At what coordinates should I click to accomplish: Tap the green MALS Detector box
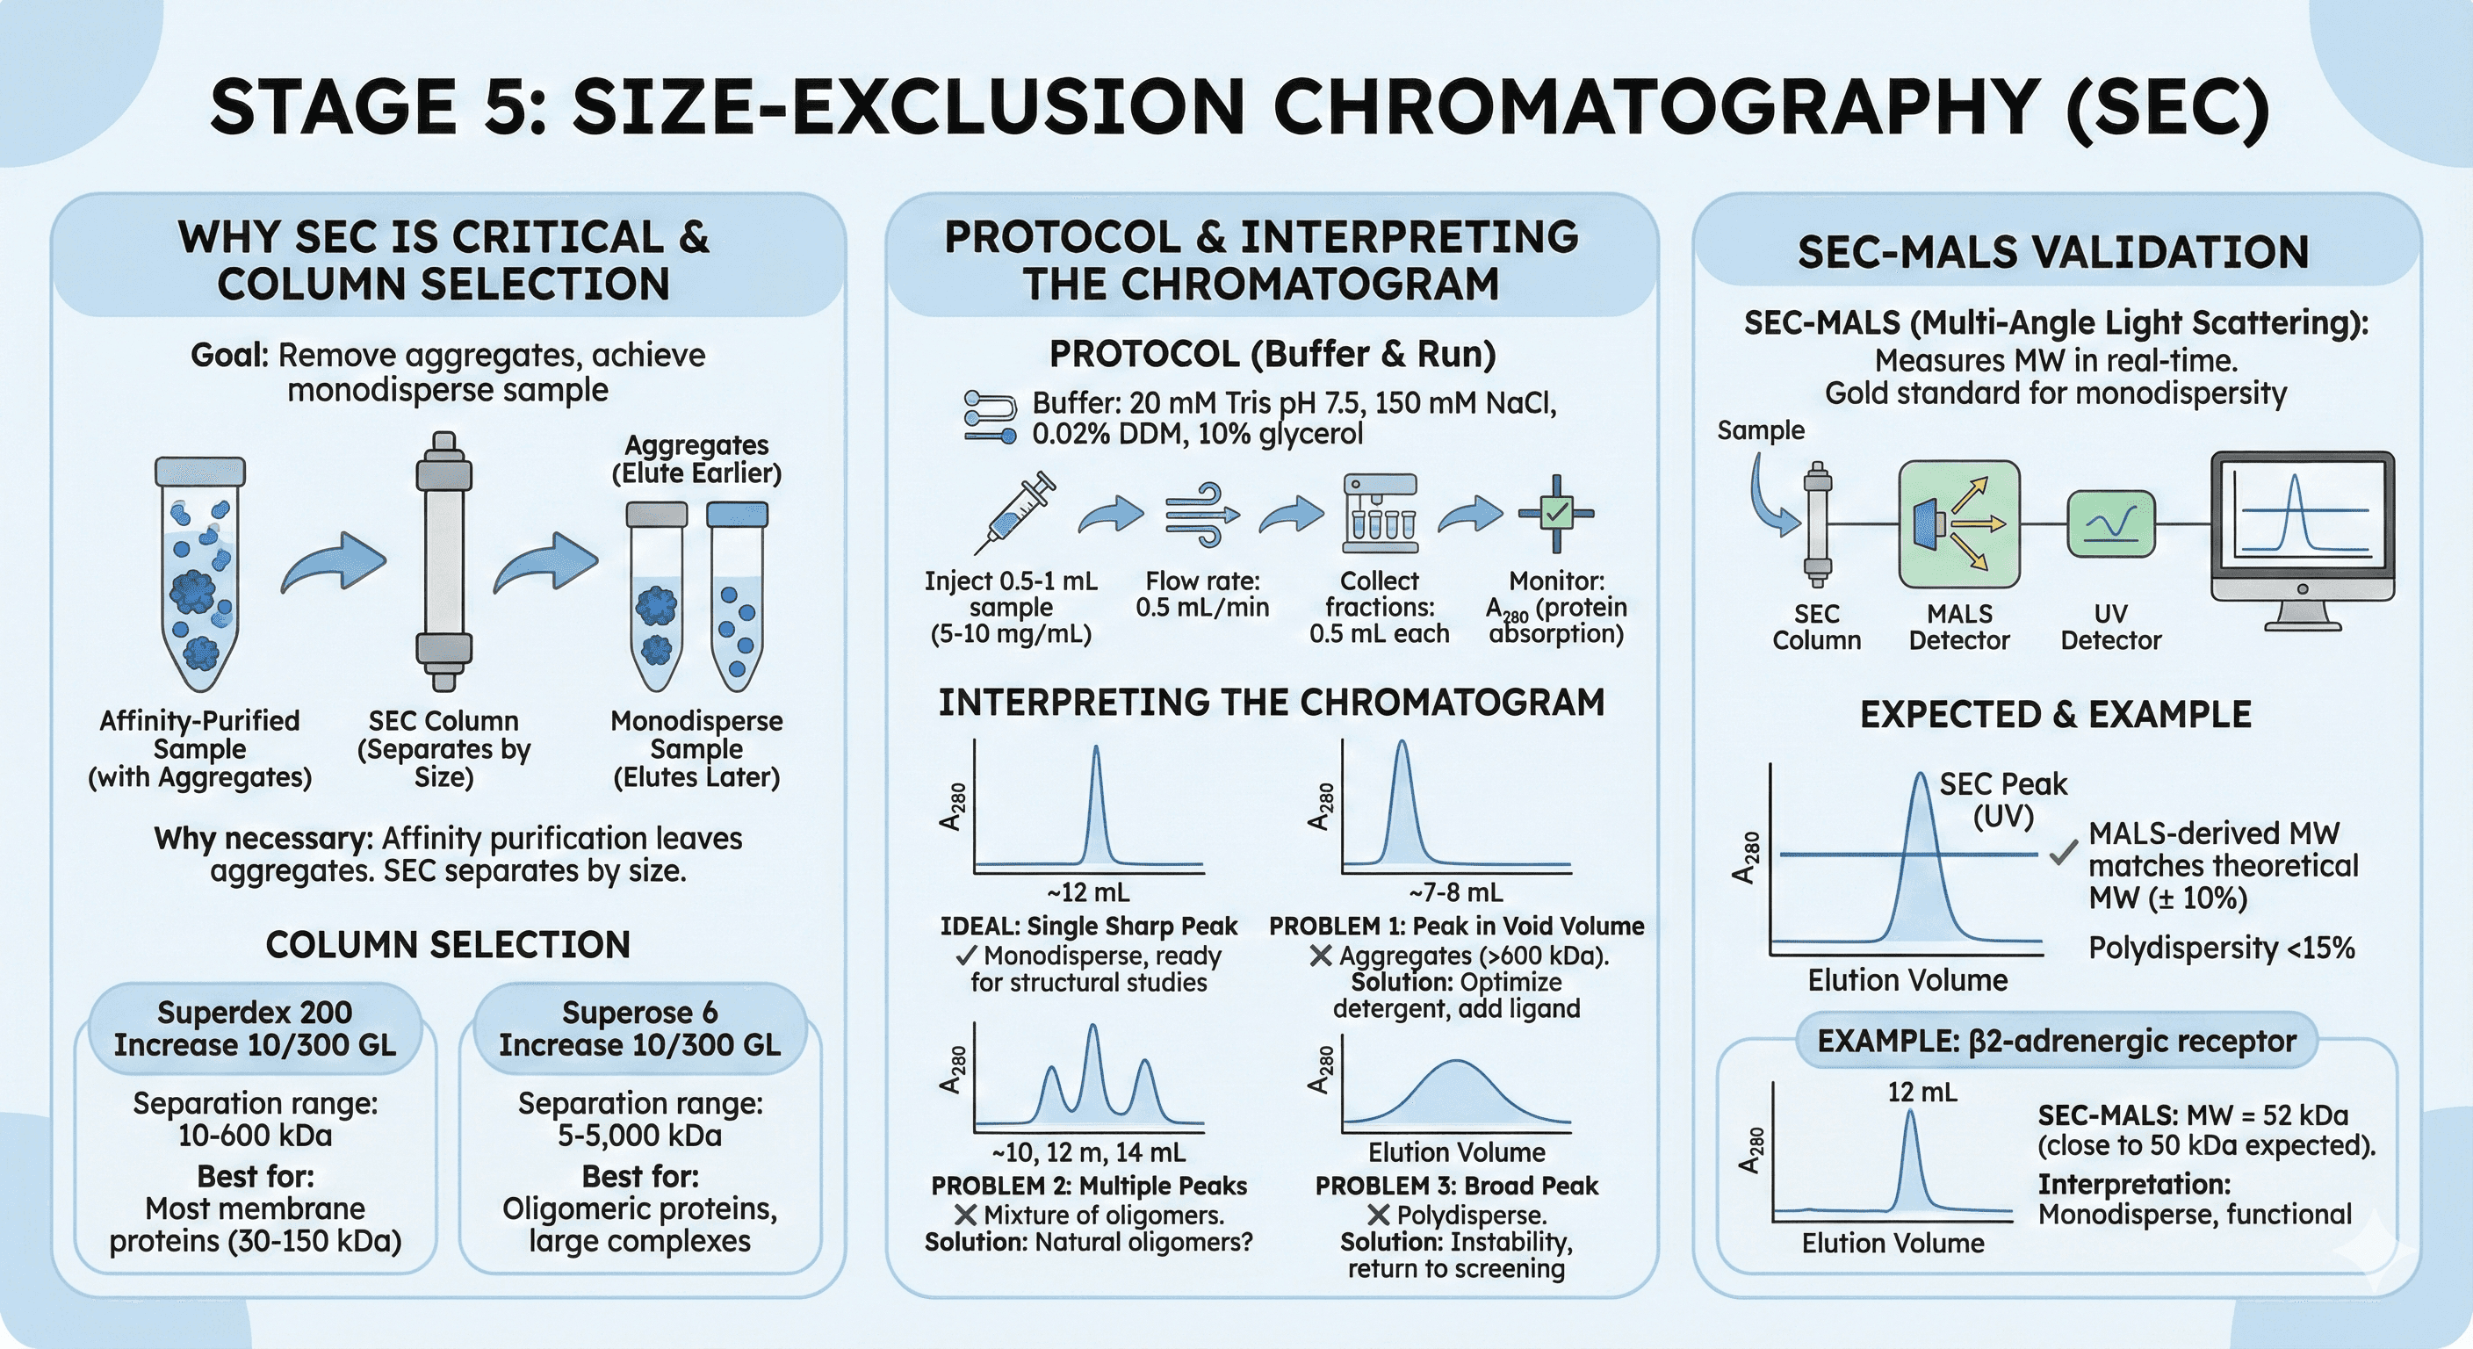[1959, 524]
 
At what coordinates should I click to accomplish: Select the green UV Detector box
[2110, 524]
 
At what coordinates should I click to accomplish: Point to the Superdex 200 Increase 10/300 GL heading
[255, 1028]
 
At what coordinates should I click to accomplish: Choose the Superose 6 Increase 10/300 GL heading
[639, 1028]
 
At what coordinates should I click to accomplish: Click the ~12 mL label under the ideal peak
[1088, 893]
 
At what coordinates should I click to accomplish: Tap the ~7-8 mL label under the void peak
[1455, 893]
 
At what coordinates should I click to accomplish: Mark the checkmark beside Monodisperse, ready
[966, 956]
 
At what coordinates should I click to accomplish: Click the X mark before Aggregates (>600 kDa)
[1321, 956]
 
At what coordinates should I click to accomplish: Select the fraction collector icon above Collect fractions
[1381, 513]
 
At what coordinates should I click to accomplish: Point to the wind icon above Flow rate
[1201, 518]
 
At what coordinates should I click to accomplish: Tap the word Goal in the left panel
[230, 357]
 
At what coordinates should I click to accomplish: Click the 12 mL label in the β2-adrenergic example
[1922, 1093]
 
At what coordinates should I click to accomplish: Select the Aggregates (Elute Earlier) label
[697, 459]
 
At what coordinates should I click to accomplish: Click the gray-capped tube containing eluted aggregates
[657, 595]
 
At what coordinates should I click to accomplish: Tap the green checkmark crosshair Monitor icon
[1556, 513]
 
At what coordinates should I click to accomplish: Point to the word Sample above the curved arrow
[1761, 430]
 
